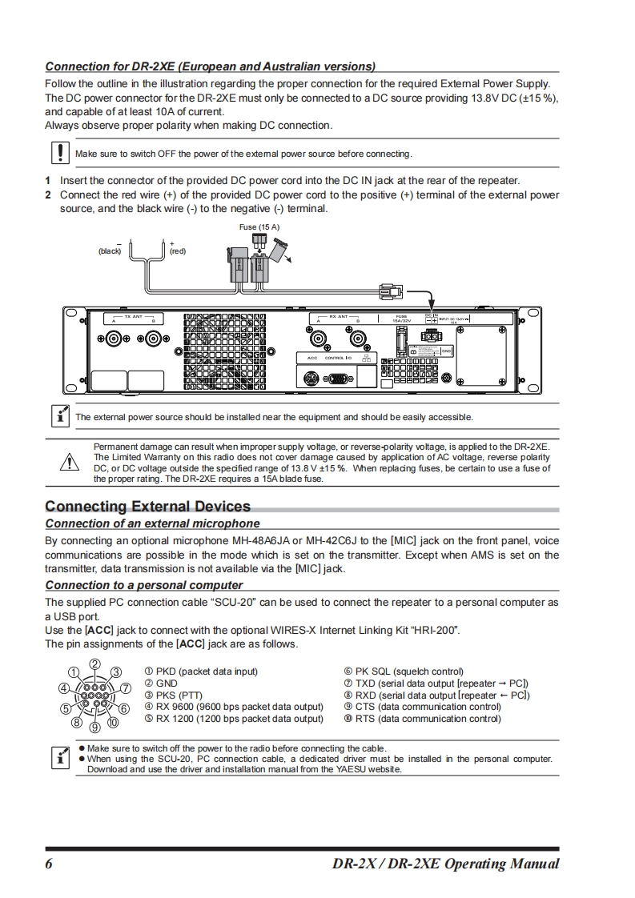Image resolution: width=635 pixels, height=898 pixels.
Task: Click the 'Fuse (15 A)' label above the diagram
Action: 259,227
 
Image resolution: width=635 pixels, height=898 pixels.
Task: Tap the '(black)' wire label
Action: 110,251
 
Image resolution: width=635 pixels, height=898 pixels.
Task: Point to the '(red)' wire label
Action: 177,251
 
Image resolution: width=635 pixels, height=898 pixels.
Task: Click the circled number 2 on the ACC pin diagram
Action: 94,664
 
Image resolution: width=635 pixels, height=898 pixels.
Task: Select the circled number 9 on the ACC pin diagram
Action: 94,727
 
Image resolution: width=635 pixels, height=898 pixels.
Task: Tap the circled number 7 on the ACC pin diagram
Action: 125,688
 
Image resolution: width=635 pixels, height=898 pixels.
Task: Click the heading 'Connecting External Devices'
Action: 148,506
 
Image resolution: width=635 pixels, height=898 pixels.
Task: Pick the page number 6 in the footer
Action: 49,864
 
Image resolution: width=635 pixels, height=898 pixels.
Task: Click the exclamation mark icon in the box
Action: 59,152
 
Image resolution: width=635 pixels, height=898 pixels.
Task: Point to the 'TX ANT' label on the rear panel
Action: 133,317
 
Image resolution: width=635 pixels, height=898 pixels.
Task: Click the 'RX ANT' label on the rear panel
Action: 339,317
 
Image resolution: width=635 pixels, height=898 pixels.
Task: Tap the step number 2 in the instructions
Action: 48,194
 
